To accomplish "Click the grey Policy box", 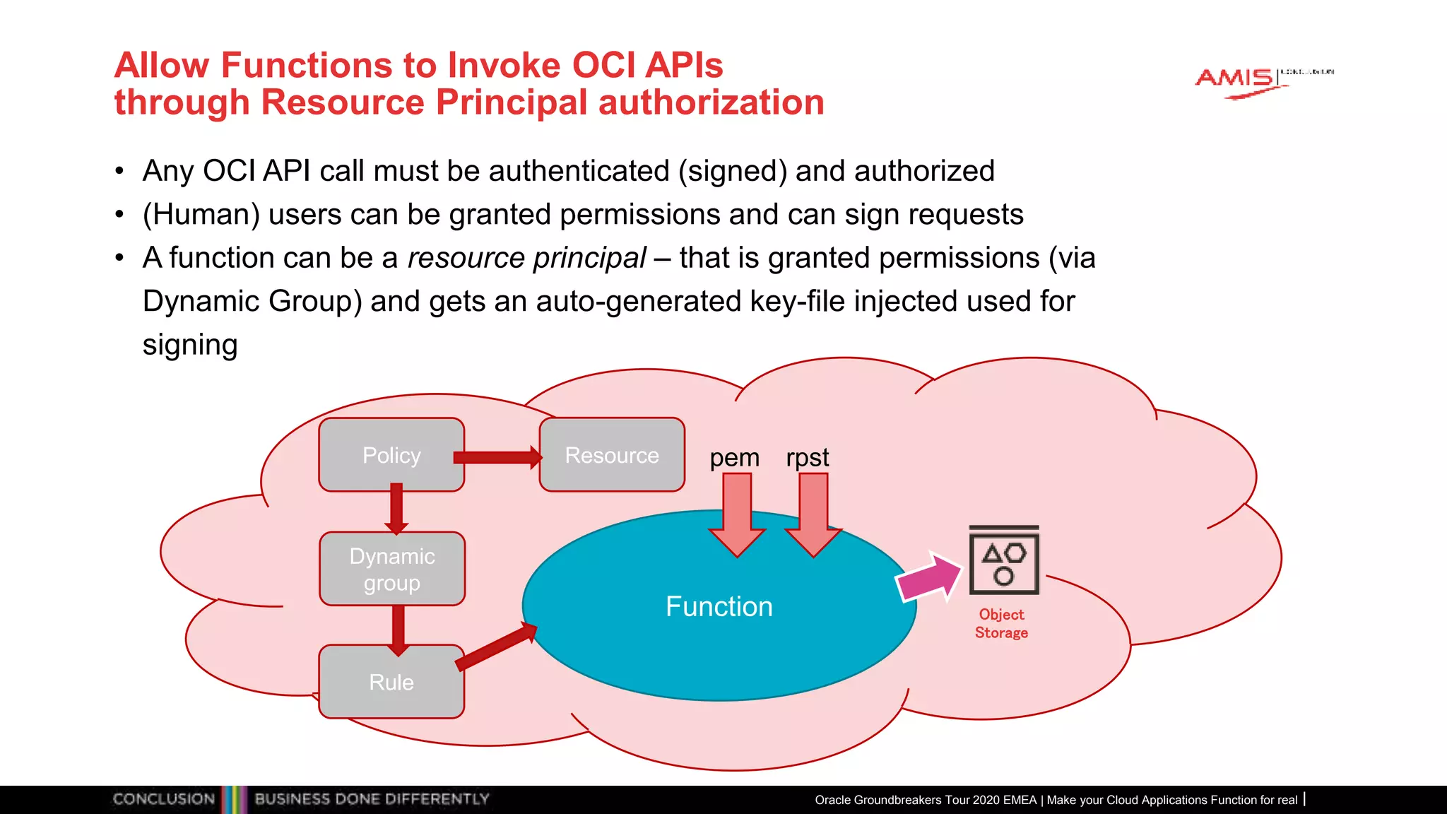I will pos(391,454).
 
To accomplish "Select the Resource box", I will pos(612,454).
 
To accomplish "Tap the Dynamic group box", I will pos(392,569).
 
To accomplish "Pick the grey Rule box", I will pos(391,682).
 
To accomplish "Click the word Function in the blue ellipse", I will pos(719,606).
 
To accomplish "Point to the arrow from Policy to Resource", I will pos(497,457).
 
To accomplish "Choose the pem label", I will pos(734,458).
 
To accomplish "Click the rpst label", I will pos(807,458).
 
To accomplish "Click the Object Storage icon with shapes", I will pos(1003,561).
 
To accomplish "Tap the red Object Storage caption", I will pos(1001,623).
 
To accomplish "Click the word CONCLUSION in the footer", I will pos(163,799).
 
